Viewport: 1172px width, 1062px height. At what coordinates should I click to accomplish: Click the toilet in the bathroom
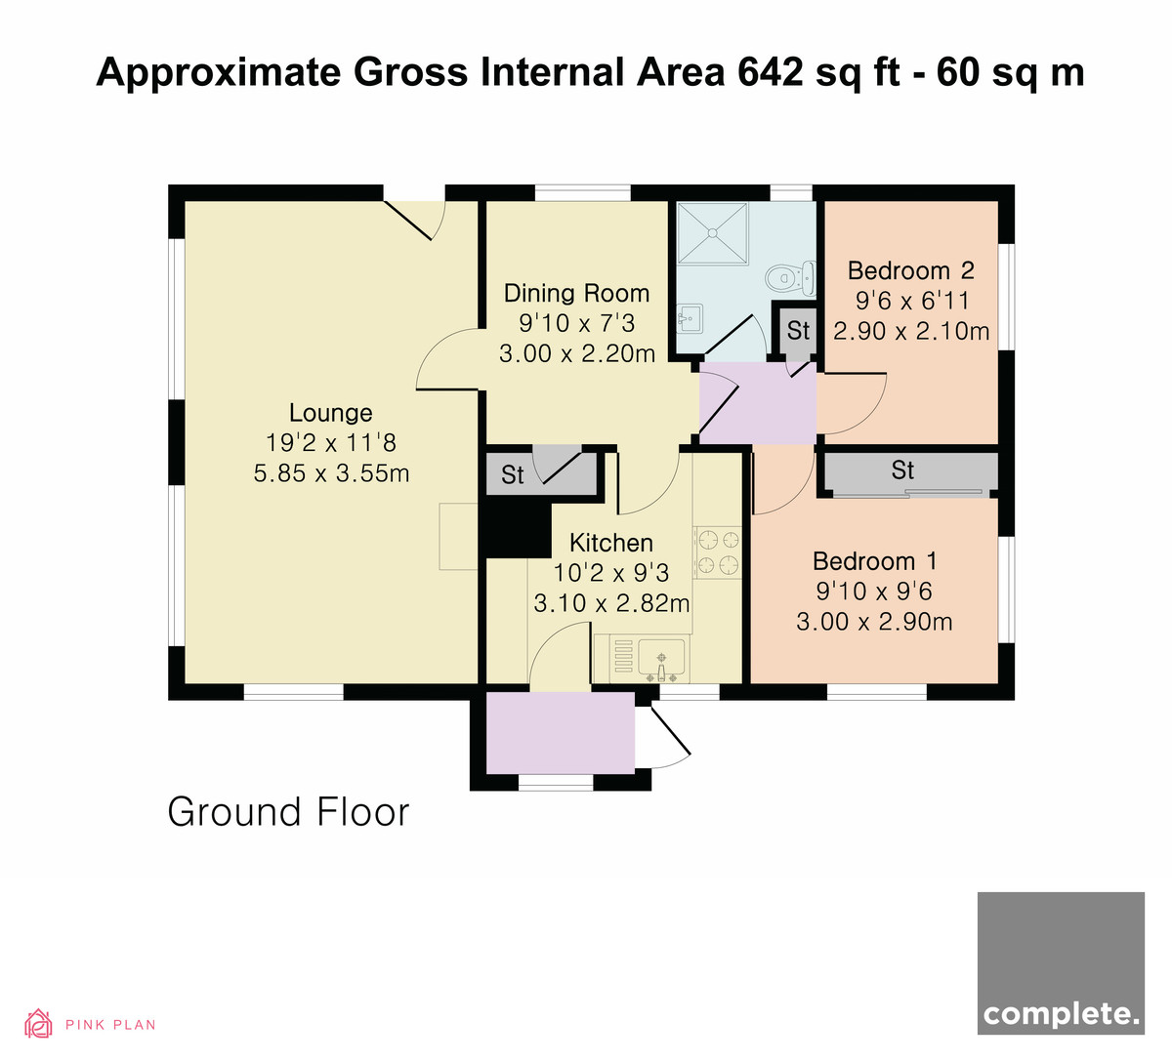(x=791, y=278)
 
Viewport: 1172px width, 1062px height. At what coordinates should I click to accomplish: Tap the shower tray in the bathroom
(x=712, y=233)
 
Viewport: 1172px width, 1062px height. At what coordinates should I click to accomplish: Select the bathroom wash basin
(x=690, y=318)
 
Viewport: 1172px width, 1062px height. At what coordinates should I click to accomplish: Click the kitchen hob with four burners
(x=718, y=552)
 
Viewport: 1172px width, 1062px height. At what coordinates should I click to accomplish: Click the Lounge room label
(x=331, y=413)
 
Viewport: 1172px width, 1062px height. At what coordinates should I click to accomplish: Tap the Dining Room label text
(x=576, y=293)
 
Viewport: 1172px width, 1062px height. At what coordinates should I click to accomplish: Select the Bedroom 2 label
(x=911, y=270)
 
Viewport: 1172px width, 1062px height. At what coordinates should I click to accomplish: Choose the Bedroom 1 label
(x=875, y=561)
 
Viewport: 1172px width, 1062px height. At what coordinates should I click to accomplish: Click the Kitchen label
(x=611, y=544)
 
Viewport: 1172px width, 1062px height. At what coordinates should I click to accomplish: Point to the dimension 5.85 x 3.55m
(x=331, y=473)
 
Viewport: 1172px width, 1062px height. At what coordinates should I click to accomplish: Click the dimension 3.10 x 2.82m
(x=611, y=603)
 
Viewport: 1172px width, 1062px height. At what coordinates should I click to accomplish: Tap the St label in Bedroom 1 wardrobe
(x=902, y=470)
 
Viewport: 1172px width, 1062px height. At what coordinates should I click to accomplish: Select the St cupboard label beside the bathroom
(x=798, y=331)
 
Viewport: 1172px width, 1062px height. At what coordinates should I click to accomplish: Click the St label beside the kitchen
(x=513, y=475)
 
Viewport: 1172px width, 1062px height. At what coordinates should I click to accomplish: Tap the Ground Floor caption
(x=289, y=812)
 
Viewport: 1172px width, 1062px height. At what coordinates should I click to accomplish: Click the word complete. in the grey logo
(x=1061, y=1015)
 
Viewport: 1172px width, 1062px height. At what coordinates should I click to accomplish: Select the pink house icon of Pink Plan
(x=38, y=1024)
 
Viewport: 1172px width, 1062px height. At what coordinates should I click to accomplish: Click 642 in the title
(x=770, y=72)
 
